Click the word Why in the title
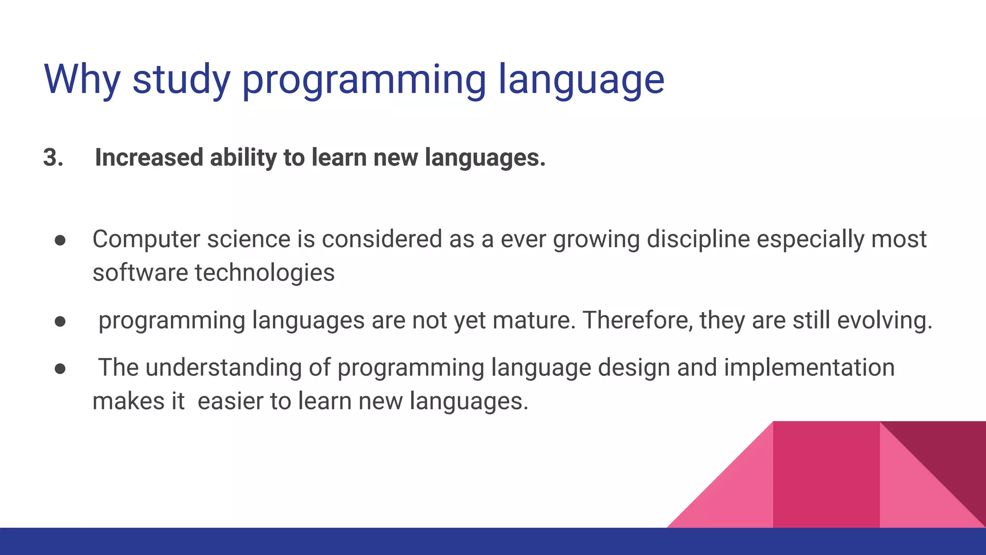82,79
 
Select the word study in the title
181,79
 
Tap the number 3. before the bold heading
53,158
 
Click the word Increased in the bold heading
149,158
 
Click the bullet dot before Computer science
60,240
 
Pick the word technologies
264,273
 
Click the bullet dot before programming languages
60,321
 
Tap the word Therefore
638,320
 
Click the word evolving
884,320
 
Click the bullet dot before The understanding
60,369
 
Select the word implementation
809,368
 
